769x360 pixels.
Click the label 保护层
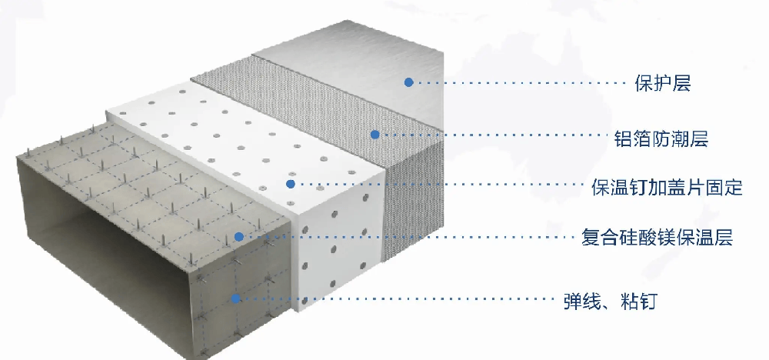[x=663, y=84]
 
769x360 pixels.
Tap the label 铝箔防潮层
[x=661, y=138]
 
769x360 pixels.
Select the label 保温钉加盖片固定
[x=667, y=188]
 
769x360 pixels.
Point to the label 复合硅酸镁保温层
[x=657, y=238]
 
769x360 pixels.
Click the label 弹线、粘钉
[x=610, y=301]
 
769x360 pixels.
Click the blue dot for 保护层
[x=408, y=82]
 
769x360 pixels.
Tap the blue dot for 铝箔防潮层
[x=375, y=135]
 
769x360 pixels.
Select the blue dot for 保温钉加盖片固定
[x=291, y=184]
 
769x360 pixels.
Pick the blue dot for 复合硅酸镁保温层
[x=239, y=237]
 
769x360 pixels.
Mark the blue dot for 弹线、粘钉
[x=236, y=298]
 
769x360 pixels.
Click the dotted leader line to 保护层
[x=520, y=83]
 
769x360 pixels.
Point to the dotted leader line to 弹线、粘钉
[x=398, y=298]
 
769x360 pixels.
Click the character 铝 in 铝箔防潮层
[x=624, y=138]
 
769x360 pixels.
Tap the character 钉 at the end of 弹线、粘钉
[x=647, y=301]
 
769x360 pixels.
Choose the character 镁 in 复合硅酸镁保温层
[x=667, y=238]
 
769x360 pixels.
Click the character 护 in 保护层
[x=663, y=84]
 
